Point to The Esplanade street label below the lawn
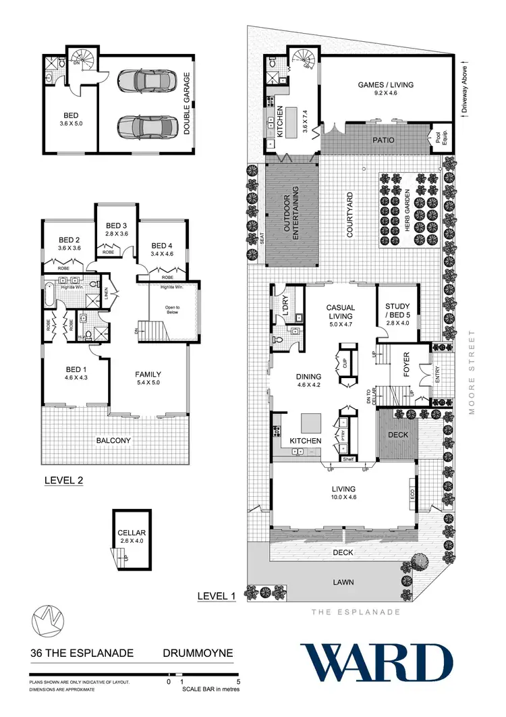point(355,612)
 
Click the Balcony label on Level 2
point(113,440)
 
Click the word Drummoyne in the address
point(198,654)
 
